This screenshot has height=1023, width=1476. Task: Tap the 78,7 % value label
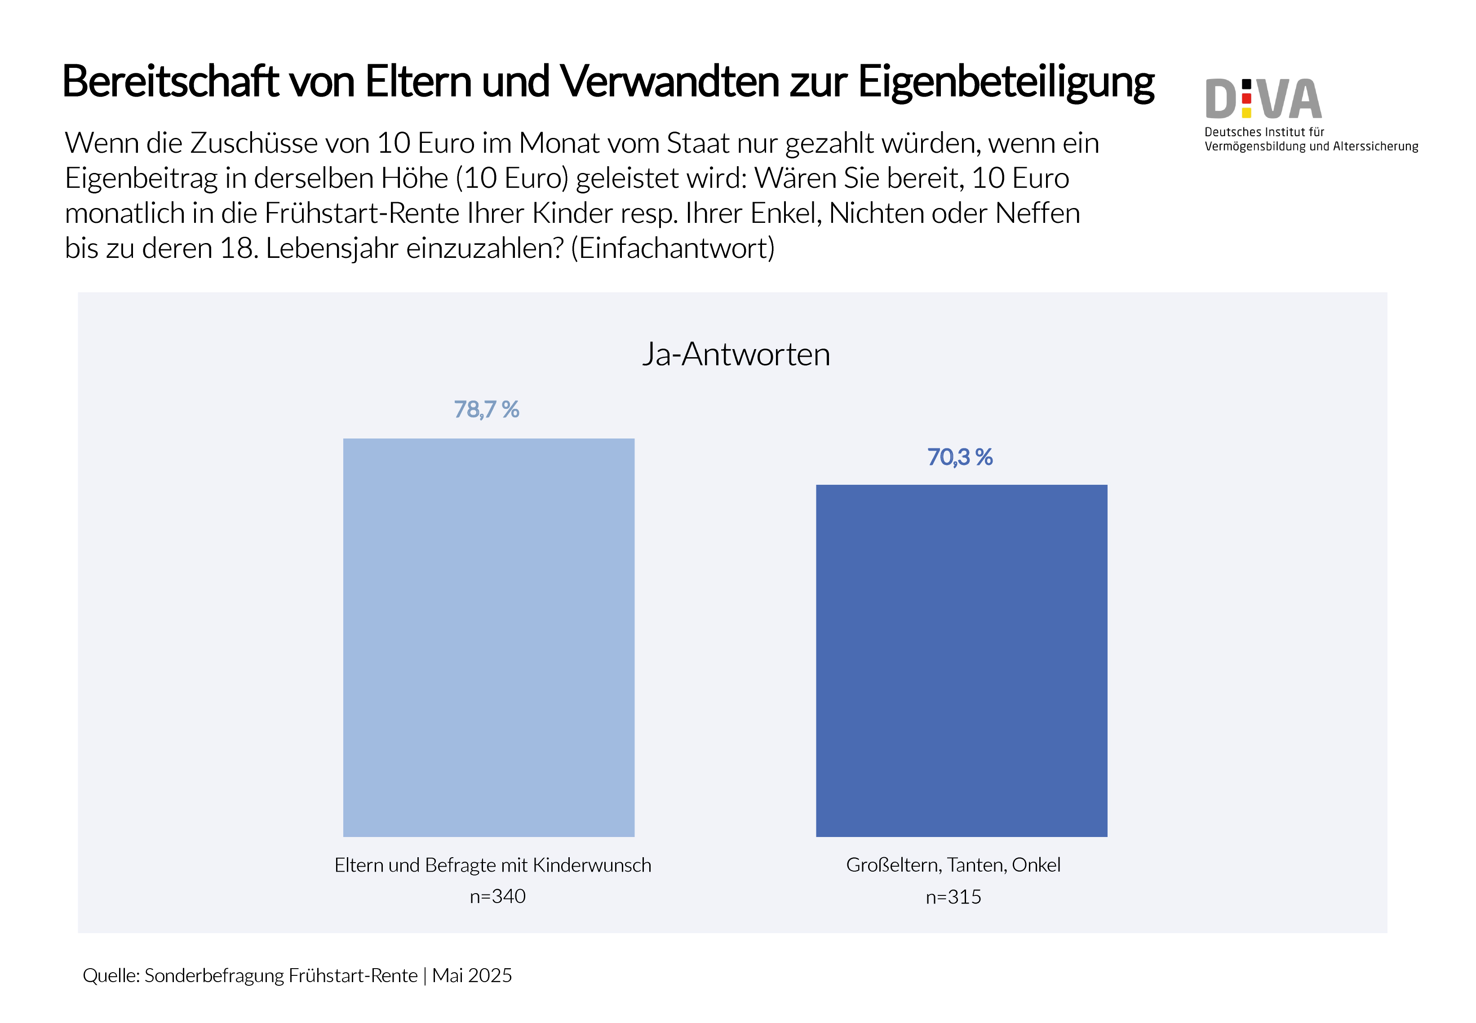[487, 410]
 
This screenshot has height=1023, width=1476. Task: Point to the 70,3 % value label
[959, 457]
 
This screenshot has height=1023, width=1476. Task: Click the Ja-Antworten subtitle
[736, 354]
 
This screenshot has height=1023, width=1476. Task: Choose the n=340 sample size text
[497, 896]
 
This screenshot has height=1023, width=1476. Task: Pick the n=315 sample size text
[953, 897]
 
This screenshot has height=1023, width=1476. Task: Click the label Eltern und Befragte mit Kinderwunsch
[492, 865]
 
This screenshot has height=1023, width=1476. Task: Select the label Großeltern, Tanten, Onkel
[953, 865]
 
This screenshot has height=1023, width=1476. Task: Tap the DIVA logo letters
[1263, 99]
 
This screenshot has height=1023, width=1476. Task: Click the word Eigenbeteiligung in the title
[1006, 83]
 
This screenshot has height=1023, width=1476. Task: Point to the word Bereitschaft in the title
[170, 83]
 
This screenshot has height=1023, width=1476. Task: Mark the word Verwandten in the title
[670, 83]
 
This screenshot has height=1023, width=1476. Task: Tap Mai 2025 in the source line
[472, 975]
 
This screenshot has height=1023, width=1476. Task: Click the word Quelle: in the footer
[111, 975]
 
